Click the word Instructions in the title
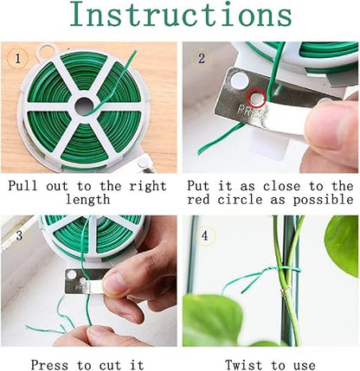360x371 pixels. pos(181,14)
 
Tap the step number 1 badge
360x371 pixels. pos(18,59)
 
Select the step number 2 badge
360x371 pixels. pos(202,59)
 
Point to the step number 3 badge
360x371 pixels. pos(19,235)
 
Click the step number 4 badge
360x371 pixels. pos(204,236)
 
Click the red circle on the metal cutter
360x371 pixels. pos(255,98)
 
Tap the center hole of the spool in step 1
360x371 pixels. pos(83,106)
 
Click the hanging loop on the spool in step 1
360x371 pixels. pos(46,51)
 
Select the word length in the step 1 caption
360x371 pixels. pos(87,200)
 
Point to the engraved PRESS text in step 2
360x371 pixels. pos(250,111)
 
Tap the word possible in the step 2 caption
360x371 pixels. pos(323,200)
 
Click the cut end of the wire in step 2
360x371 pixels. pos(199,152)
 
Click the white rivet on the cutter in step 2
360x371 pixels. pos(239,80)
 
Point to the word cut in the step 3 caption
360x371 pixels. pos(110,365)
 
